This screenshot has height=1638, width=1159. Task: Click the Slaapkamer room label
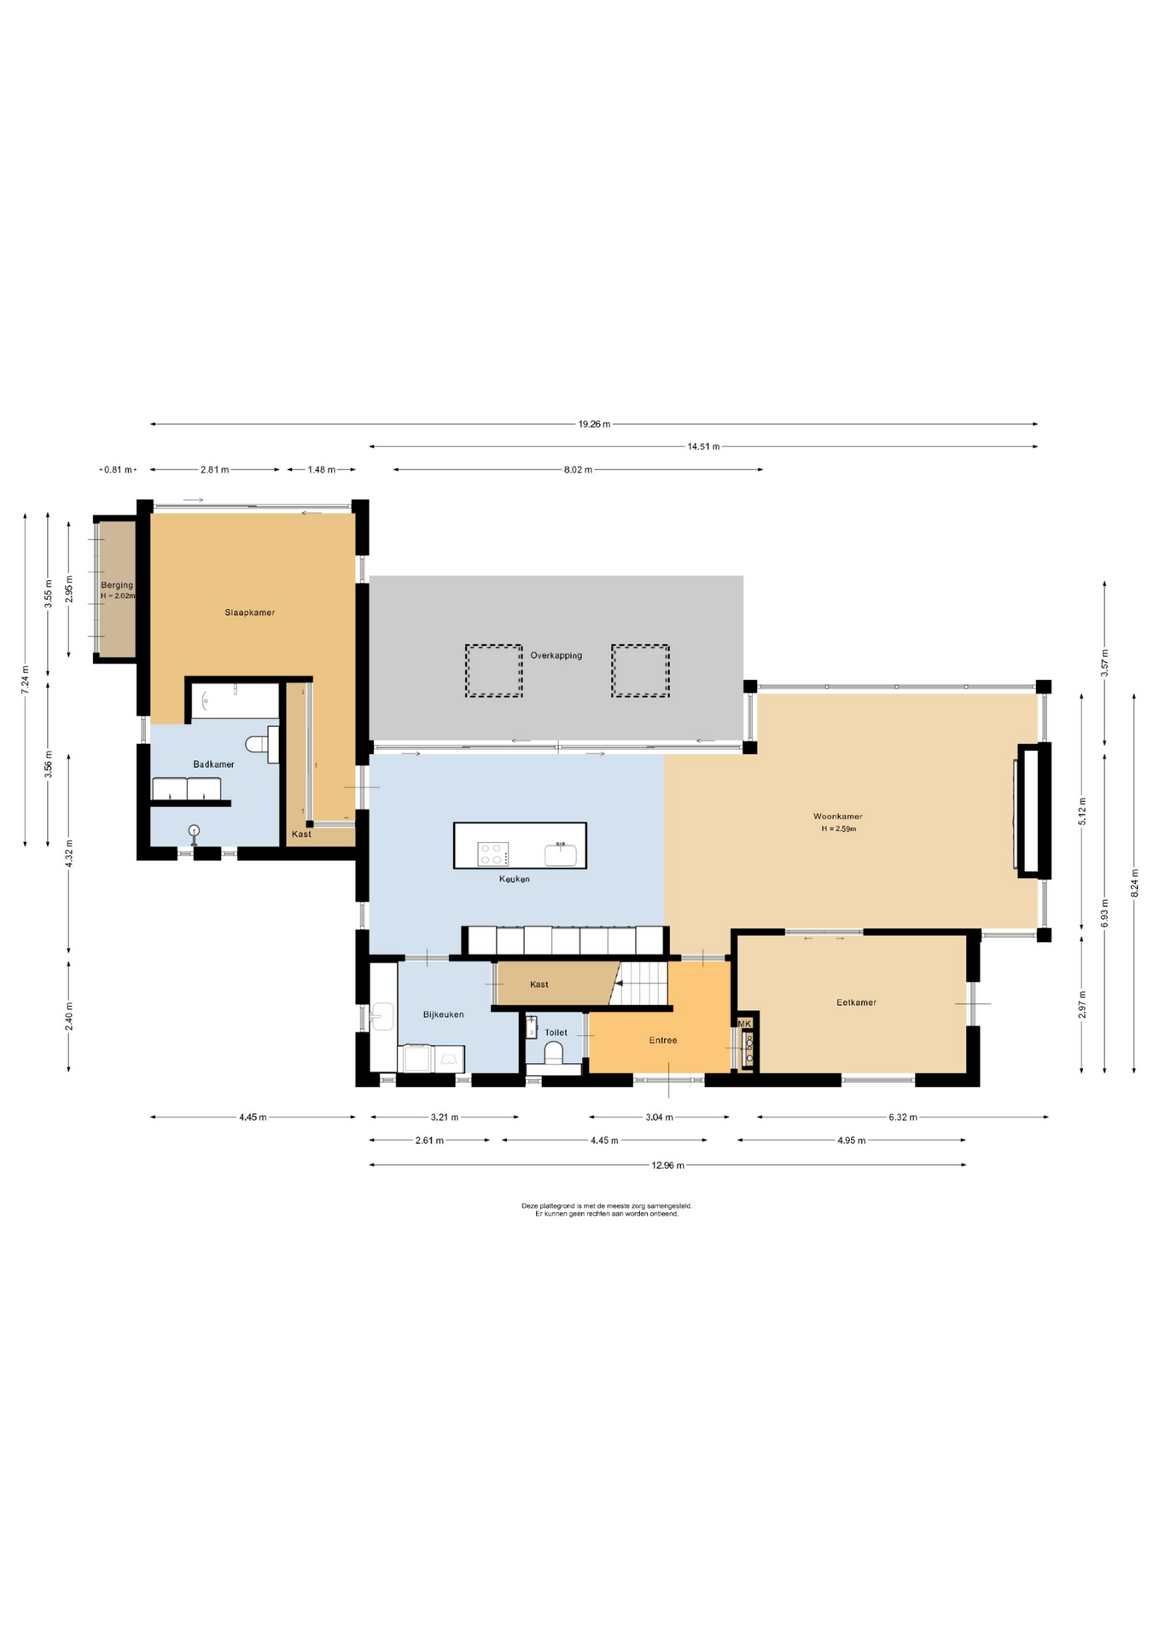pyautogui.click(x=250, y=613)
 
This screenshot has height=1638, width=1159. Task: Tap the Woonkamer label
pyautogui.click(x=838, y=816)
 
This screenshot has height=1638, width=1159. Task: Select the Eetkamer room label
pyautogui.click(x=857, y=1002)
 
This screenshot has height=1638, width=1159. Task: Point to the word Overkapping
pyautogui.click(x=556, y=655)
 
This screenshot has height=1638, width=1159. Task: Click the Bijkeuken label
pyautogui.click(x=444, y=1014)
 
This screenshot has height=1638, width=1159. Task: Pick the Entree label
pyautogui.click(x=663, y=1040)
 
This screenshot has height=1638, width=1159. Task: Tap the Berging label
pyautogui.click(x=117, y=585)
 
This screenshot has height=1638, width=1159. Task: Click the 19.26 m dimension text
pyautogui.click(x=594, y=424)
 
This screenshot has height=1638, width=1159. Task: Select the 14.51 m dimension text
pyautogui.click(x=703, y=446)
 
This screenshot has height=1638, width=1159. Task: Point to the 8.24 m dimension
pyautogui.click(x=1134, y=883)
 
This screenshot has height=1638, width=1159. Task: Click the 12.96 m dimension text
pyautogui.click(x=667, y=1165)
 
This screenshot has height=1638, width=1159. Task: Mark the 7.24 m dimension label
pyautogui.click(x=26, y=680)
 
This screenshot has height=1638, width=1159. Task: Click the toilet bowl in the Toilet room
pyautogui.click(x=555, y=1052)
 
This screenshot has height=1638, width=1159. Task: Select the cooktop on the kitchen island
pyautogui.click(x=493, y=854)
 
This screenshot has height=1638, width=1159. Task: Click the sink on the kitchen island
pyautogui.click(x=561, y=854)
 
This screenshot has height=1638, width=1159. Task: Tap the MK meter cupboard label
pyautogui.click(x=745, y=1024)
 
